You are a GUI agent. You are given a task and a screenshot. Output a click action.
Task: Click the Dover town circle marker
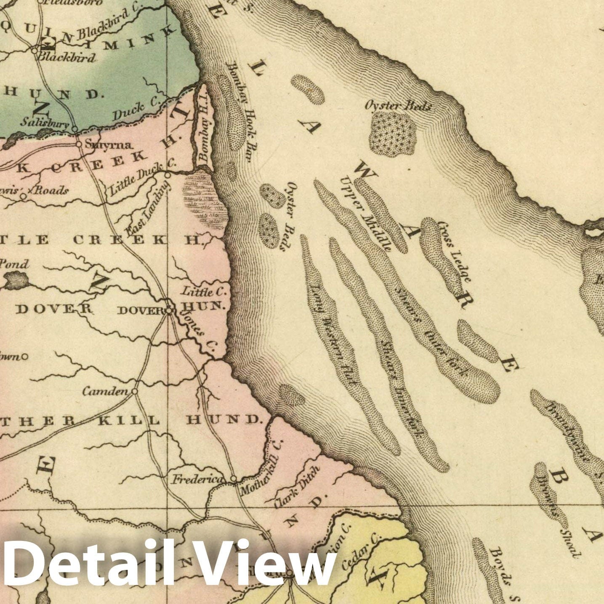(169, 311)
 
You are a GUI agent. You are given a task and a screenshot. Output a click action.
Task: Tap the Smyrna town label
(109, 145)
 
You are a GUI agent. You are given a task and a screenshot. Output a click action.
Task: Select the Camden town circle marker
(135, 391)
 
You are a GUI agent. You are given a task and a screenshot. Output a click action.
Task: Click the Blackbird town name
(67, 58)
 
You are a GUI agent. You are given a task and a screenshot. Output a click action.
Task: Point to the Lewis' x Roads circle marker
(24, 196)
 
